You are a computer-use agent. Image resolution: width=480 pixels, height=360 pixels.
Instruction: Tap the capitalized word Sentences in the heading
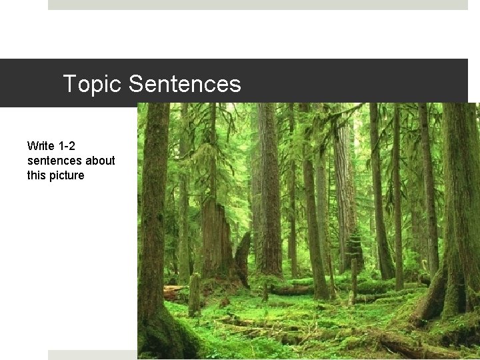coord(185,84)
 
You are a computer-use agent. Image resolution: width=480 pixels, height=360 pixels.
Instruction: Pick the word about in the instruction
coord(100,161)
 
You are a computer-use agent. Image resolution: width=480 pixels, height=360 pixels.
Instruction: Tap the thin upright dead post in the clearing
coord(353,280)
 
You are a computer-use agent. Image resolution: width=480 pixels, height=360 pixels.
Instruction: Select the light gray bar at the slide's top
coord(257,5)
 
